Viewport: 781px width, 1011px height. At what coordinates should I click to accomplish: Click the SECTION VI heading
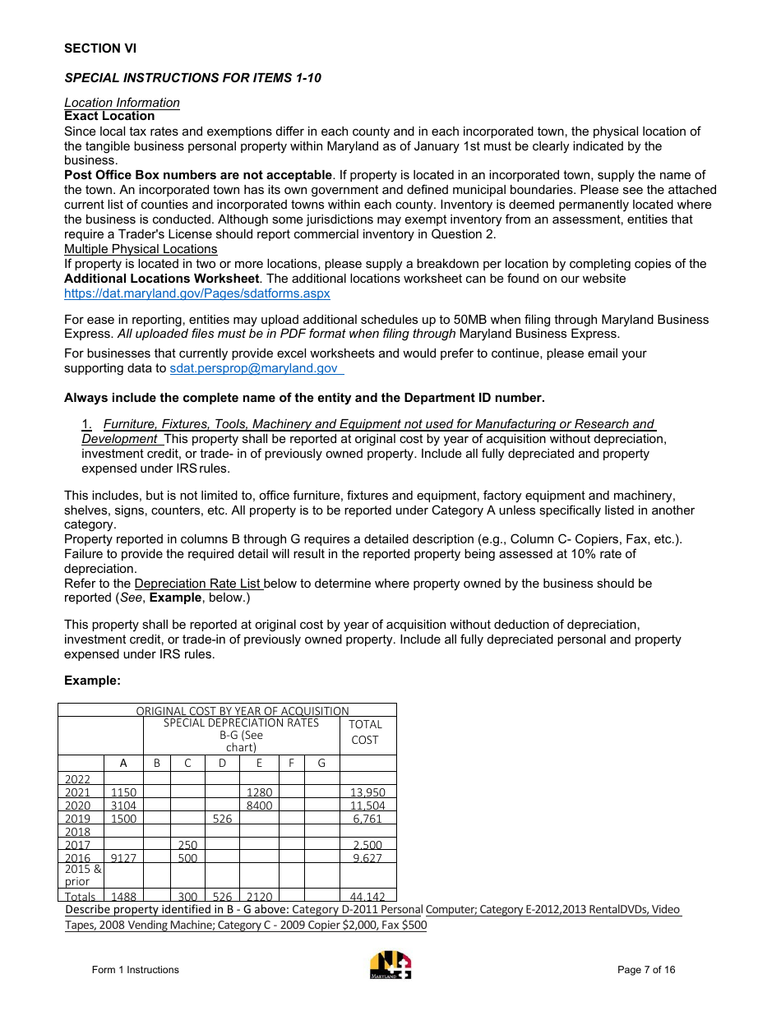100,48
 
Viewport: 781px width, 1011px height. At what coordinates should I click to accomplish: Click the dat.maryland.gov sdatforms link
197,293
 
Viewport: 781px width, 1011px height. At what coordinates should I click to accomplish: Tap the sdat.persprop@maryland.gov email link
254,368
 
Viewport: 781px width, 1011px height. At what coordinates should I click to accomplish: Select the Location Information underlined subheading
122,103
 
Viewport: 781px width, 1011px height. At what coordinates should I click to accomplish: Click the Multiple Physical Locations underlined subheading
141,249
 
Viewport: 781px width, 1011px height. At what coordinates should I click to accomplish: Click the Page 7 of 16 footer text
646,970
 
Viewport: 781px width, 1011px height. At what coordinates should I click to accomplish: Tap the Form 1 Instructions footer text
135,970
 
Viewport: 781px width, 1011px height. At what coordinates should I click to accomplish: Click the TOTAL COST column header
365,732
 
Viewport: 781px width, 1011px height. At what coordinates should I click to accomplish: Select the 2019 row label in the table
78,819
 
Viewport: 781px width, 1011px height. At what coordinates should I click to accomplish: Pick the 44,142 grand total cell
367,897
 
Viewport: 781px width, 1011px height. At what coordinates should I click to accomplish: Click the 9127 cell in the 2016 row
123,858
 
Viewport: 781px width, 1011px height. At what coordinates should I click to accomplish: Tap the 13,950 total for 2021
367,792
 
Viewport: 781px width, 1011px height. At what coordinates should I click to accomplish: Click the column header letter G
321,763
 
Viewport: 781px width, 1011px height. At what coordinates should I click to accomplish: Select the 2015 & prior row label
80,875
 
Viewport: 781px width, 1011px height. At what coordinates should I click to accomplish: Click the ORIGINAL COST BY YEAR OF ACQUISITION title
242,710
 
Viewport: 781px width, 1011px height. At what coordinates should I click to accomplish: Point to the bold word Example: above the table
92,681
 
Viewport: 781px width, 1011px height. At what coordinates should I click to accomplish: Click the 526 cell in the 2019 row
222,819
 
